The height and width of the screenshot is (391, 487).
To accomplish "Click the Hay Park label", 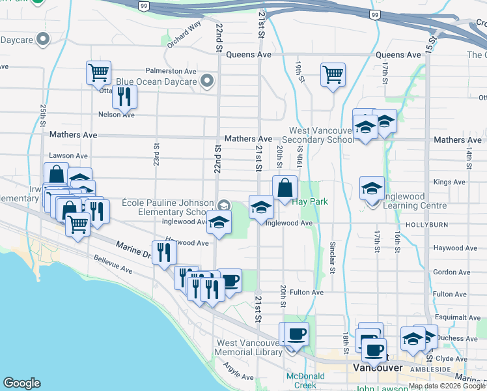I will pos(309,202).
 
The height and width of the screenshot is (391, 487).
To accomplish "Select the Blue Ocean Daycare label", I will pos(157,82).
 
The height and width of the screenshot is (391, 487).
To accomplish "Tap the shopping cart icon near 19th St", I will pos(333,75).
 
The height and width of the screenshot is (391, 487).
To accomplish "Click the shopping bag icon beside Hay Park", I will pos(285,188).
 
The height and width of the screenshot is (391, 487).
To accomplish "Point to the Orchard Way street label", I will pos(184,36).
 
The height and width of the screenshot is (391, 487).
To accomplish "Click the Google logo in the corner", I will pos(21,383).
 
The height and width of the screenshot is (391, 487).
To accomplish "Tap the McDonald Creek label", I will pos(301,381).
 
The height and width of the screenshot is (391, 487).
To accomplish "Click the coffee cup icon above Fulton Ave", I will pos(230,281).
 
